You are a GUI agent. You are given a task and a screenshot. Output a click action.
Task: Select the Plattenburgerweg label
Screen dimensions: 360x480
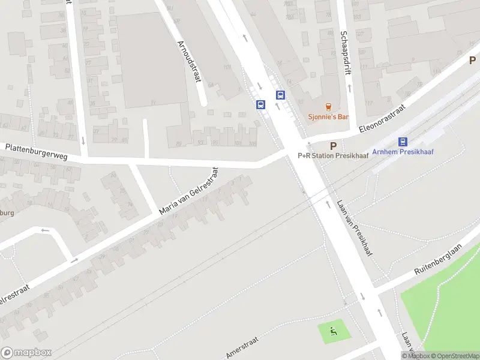36,151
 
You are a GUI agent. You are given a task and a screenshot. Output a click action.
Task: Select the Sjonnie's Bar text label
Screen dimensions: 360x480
328,117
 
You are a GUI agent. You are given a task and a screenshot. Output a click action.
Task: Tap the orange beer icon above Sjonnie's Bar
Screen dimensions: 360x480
328,106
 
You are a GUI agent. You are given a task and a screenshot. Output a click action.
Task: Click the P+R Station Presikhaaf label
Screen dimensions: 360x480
333,155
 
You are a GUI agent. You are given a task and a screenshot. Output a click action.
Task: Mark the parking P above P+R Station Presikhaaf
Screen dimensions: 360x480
333,146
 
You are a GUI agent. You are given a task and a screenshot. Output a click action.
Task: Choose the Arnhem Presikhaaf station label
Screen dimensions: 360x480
403,152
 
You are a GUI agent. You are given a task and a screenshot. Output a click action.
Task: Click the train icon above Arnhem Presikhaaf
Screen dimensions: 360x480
403,142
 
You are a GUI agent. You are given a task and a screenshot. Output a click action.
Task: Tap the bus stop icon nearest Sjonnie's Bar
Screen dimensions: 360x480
280,95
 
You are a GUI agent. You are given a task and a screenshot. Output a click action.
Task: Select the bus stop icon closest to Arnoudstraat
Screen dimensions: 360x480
260,104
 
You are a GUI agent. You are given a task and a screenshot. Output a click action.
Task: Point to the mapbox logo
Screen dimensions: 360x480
26,353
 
